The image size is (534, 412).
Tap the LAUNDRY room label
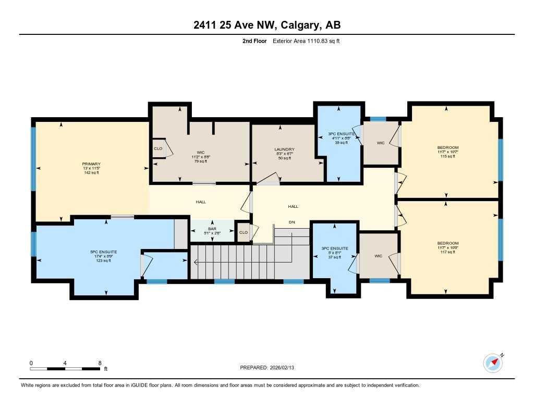point(285,149)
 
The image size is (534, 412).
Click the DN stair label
point(293,221)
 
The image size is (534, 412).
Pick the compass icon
point(493,363)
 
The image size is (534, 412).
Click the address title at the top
point(267,25)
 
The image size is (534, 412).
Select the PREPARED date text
point(270,368)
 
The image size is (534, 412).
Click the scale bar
point(65,369)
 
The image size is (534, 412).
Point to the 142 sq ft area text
point(91,173)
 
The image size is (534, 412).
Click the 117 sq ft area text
point(448,252)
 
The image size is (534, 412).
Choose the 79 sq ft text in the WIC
point(200,161)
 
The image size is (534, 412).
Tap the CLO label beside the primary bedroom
point(158,148)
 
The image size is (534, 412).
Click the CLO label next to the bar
point(243,232)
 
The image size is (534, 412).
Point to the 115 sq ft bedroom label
point(448,156)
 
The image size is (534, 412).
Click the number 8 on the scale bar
point(99,363)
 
